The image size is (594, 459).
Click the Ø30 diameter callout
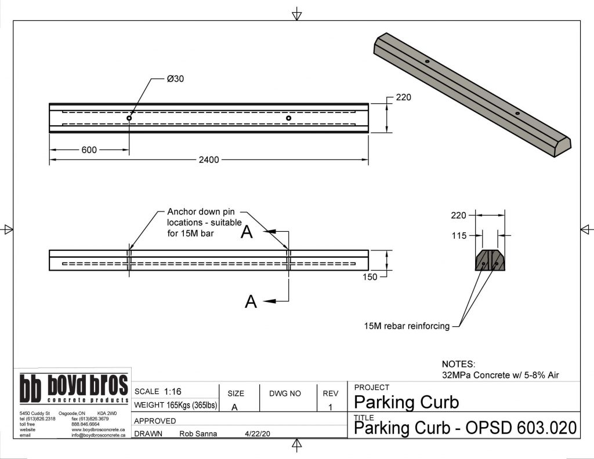175,79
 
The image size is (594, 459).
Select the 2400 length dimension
209,159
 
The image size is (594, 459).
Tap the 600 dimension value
89,150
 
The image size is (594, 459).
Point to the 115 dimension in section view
459,235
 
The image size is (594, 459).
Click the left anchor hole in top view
129,118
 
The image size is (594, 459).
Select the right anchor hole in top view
288,118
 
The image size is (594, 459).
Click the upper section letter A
247,232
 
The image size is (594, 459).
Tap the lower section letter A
251,301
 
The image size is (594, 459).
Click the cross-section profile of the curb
490,261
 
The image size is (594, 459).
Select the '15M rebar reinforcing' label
407,326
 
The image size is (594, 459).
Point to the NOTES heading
458,365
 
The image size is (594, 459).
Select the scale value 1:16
172,391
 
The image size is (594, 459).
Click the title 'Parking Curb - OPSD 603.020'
465,429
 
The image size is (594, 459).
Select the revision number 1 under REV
330,407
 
